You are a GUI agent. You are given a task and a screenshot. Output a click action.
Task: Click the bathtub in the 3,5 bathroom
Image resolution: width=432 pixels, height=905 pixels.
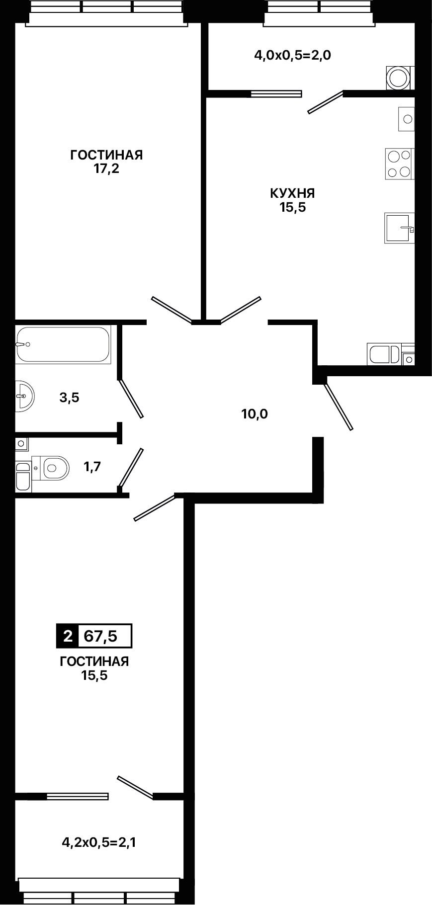(x=63, y=344)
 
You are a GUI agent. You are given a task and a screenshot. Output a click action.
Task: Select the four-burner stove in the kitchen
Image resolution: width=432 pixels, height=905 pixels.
(x=399, y=164)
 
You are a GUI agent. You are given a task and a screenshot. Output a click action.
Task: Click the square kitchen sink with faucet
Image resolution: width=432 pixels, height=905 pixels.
(x=399, y=228)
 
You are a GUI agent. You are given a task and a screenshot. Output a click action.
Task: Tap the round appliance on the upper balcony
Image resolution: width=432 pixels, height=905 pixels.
(x=399, y=78)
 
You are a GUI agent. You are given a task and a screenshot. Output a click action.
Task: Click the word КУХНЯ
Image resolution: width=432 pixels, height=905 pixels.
(x=292, y=193)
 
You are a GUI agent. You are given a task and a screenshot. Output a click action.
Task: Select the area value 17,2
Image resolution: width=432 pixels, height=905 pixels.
(x=106, y=169)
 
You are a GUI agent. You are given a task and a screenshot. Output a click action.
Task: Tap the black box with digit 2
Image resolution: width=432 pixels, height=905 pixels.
(x=67, y=636)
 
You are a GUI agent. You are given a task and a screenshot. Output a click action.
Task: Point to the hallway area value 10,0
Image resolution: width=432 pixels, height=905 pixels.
(x=255, y=413)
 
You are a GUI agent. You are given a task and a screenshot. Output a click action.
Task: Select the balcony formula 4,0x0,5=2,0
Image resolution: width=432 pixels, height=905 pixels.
(x=293, y=55)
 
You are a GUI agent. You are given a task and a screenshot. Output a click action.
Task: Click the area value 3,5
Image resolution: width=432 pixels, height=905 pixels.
(x=69, y=398)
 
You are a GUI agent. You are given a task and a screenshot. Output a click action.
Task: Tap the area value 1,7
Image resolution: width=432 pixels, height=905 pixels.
(x=92, y=467)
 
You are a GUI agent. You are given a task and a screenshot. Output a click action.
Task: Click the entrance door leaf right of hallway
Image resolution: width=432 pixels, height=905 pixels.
(x=338, y=406)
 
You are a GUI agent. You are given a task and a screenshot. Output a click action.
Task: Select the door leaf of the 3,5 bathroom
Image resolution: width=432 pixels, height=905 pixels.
(x=131, y=399)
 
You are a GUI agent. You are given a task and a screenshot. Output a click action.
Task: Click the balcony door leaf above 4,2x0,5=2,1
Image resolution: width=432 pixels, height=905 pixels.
(x=135, y=788)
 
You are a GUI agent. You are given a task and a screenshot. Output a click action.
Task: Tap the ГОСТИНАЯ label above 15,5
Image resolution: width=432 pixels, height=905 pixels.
(x=94, y=661)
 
